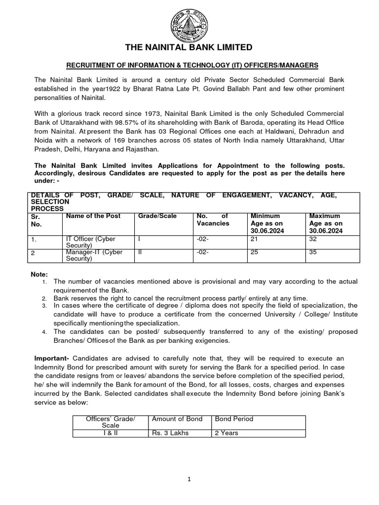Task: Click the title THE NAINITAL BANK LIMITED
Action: tap(189, 47)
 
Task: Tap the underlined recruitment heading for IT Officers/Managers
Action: tap(189, 66)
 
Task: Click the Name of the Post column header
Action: tap(93, 216)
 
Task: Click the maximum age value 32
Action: tap(313, 239)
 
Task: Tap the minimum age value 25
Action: tap(255, 252)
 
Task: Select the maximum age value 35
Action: tap(313, 252)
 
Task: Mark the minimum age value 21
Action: tap(255, 239)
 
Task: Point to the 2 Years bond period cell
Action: tap(227, 433)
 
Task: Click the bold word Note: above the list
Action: tap(39, 274)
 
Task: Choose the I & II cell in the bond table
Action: tap(111, 433)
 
